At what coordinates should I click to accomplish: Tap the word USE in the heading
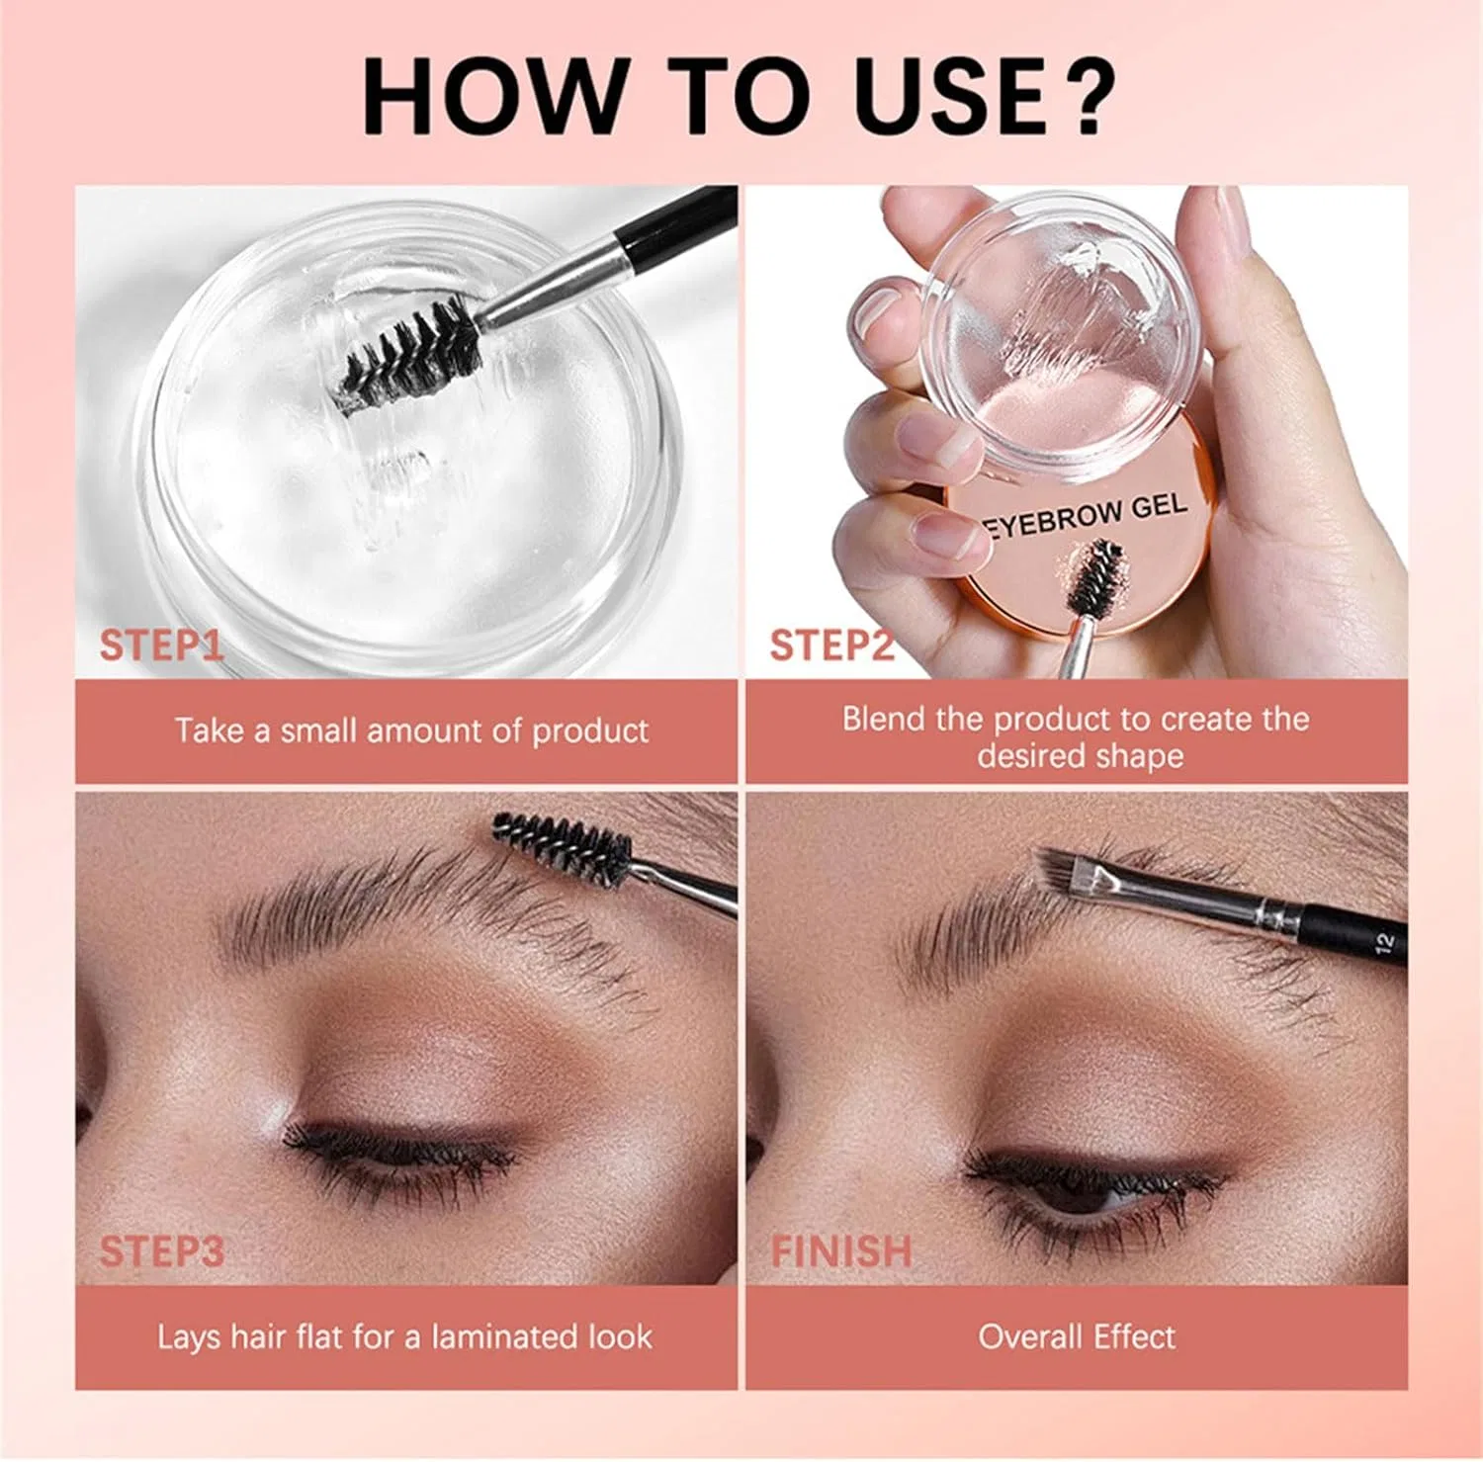point(947,96)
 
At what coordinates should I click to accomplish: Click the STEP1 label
point(161,645)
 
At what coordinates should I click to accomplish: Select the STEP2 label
point(830,645)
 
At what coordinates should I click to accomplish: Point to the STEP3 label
point(161,1251)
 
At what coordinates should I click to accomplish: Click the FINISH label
point(841,1251)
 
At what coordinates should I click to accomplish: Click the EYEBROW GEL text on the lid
point(1086,517)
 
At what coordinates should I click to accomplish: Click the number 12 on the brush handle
point(1383,943)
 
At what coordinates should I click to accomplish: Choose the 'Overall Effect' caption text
point(1077,1336)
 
